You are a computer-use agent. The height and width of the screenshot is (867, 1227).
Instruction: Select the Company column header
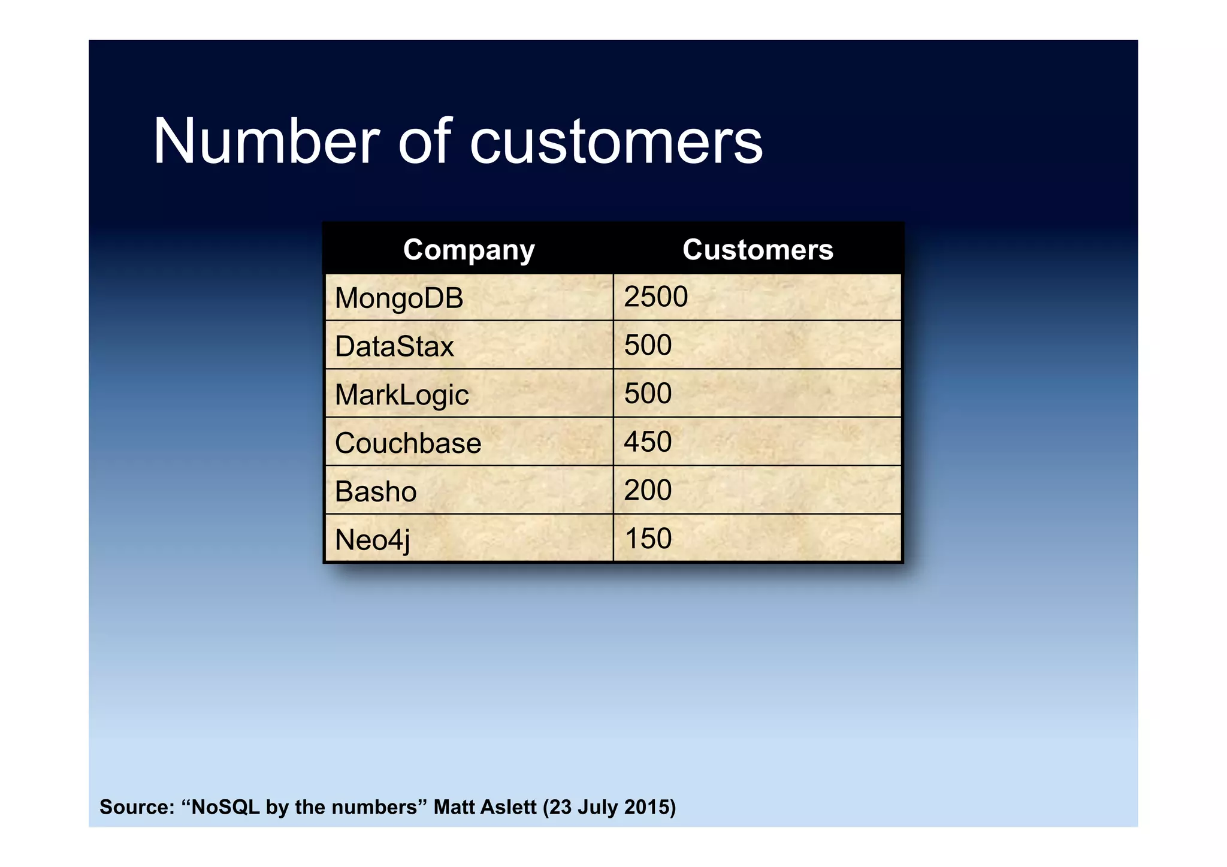(469, 249)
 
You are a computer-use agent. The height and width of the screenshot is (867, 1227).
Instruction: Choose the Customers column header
(757, 249)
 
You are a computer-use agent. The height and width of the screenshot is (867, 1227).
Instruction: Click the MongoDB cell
(399, 298)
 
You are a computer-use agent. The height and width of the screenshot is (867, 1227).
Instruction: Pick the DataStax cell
(394, 346)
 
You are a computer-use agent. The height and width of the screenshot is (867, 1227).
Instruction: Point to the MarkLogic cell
(401, 395)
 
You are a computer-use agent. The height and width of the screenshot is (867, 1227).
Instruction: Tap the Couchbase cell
(408, 443)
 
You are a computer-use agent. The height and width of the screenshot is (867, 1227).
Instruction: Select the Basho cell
(376, 491)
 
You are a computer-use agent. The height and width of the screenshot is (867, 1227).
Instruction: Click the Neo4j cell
(372, 540)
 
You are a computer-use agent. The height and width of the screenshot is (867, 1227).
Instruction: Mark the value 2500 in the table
(655, 297)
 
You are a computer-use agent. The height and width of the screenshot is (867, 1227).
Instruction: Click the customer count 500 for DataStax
(648, 345)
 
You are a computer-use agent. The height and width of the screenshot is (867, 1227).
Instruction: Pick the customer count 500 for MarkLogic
(648, 394)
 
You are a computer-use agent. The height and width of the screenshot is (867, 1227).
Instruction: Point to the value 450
(648, 442)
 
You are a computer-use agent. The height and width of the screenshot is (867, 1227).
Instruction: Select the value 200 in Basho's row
(648, 490)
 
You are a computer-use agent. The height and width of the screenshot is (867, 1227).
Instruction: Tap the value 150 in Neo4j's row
(648, 539)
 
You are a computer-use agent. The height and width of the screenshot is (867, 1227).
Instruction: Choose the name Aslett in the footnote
(509, 807)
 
